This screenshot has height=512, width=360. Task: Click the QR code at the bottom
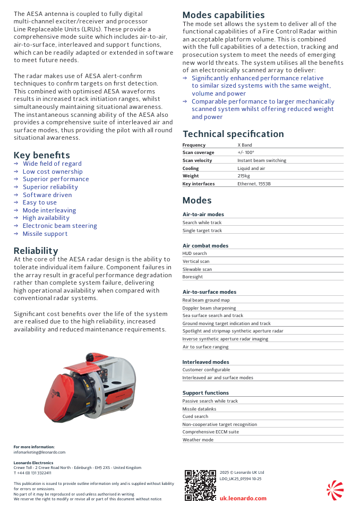pos(200,485)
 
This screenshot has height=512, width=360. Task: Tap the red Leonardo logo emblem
pos(335,490)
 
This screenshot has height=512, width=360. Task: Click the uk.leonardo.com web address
pos(243,498)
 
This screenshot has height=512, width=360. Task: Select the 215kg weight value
pos(244,176)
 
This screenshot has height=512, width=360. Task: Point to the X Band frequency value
pos(245,145)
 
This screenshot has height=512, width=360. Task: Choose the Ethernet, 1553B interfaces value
pos(254,184)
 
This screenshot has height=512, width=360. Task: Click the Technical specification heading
pos(233,134)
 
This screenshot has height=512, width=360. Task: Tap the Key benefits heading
pos(41,155)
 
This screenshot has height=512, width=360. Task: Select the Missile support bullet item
pos(45,234)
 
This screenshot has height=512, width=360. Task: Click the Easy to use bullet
pos(39,202)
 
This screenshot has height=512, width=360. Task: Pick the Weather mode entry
pos(198,440)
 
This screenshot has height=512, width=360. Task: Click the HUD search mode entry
pos(195,253)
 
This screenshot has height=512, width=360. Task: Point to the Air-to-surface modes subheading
pos(209,292)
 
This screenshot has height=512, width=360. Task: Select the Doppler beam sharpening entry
pos(209,308)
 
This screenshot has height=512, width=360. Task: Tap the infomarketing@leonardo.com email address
pos(39,452)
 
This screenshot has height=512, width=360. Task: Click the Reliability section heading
pos(36,251)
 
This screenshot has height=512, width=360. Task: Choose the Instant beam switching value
pos(262,160)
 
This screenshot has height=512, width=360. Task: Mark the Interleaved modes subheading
pos(205,362)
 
